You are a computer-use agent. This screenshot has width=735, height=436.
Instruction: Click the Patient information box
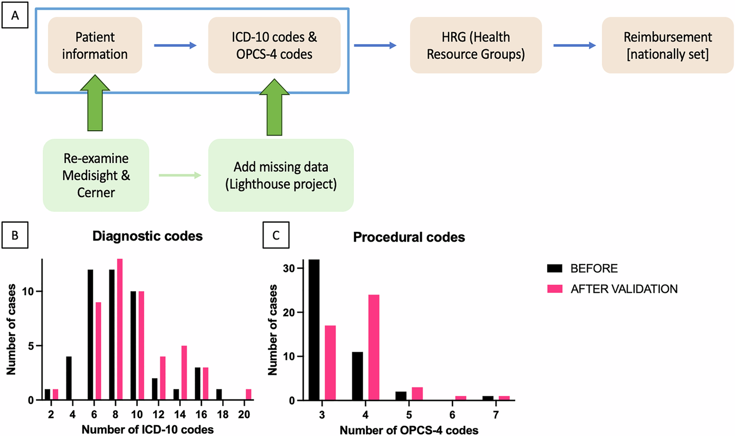pos(95,46)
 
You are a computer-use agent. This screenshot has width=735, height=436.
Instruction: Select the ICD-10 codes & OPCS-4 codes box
pos(274,46)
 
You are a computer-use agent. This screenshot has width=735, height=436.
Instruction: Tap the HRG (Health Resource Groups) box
pos(476,46)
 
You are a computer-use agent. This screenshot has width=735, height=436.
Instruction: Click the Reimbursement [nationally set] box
pos(668,46)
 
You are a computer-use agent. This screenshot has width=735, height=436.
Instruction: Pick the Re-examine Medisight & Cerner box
pos(96,175)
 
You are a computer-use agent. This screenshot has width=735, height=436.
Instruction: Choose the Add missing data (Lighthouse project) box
pos(280,175)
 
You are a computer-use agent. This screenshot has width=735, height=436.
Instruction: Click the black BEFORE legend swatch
pos(555,269)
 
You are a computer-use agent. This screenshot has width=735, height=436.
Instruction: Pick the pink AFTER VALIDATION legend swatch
pos(555,288)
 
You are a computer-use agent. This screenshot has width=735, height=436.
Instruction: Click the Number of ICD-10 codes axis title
pos(146,427)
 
